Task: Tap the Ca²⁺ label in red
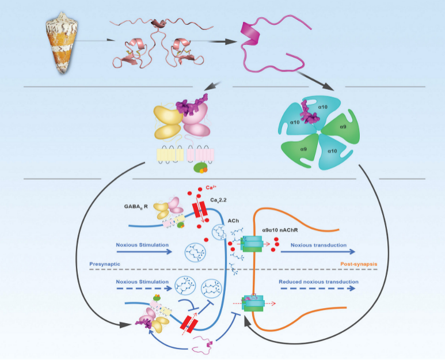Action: pos(211,189)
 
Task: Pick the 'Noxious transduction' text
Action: pos(318,245)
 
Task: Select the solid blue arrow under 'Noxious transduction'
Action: pos(319,252)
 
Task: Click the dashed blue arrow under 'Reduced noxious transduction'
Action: pos(319,290)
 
